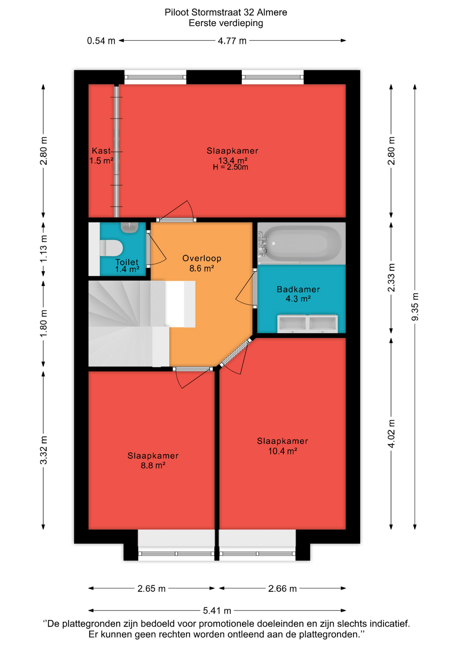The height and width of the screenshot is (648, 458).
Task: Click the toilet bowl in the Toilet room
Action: click(x=111, y=248)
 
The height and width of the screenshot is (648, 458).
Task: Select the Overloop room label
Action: click(x=202, y=258)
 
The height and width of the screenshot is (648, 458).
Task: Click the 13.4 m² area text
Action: click(x=233, y=160)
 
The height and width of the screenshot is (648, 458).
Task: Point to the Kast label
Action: click(x=101, y=151)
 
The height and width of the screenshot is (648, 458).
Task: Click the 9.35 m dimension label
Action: click(x=415, y=307)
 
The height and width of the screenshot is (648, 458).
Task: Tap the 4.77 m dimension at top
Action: click(x=232, y=41)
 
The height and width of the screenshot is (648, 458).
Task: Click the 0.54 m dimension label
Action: click(x=101, y=41)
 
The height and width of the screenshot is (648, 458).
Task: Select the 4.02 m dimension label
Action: click(x=391, y=434)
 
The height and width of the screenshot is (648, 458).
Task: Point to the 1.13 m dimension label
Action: click(x=44, y=249)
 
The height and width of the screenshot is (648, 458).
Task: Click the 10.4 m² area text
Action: click(x=283, y=451)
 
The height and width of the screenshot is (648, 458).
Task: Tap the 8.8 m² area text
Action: click(x=153, y=465)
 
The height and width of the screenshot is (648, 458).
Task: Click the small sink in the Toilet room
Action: click(x=130, y=227)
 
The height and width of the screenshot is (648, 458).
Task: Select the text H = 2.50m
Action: click(x=230, y=167)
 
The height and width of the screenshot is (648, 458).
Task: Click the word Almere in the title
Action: click(x=272, y=12)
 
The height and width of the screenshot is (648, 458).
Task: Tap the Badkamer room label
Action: click(x=298, y=289)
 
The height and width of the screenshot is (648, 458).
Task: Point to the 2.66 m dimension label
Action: click(x=282, y=589)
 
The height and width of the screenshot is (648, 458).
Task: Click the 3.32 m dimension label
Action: click(x=44, y=450)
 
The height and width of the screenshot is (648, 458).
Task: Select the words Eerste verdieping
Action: click(x=226, y=23)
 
